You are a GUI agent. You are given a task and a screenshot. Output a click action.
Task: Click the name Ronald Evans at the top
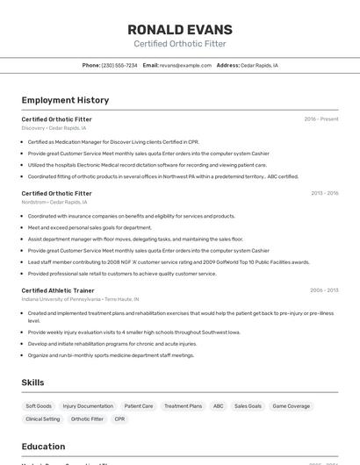pos(179,29)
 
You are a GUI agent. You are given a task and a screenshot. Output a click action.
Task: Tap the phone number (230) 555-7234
pos(119,65)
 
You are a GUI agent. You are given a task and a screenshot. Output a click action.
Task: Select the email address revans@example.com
pos(185,65)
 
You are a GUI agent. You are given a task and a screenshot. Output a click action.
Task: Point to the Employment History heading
pos(65,100)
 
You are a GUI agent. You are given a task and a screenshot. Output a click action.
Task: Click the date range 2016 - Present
pos(321,118)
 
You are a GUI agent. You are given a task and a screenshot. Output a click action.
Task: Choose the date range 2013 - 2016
pos(324,193)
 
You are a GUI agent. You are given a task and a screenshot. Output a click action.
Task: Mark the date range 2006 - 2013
pos(324,290)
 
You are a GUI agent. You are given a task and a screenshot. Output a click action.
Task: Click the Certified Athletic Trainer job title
pos(58,290)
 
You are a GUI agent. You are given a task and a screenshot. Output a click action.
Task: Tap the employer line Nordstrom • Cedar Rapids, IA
pos(54,202)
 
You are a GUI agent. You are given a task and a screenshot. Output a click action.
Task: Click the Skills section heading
pos(32,383)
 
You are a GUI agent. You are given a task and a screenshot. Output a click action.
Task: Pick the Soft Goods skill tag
pos(39,406)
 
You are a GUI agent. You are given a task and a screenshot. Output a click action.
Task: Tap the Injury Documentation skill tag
pos(88,406)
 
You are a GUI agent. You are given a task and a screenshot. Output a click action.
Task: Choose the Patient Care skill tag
pos(139,406)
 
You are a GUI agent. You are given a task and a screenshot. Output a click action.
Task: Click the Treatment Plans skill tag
pos(183,406)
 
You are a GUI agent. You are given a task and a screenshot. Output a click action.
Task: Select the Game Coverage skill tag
pos(291,406)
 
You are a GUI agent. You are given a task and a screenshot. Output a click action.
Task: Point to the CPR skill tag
pos(119,419)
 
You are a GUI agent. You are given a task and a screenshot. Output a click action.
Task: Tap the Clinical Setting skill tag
pos(43,419)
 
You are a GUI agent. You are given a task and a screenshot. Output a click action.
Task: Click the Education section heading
pos(43,447)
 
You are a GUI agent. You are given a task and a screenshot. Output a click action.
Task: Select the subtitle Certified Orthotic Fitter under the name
pos(179,44)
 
